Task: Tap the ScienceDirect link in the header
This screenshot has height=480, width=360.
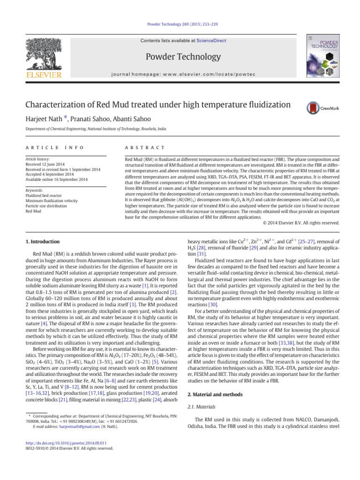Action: pyautogui.click(x=210, y=41)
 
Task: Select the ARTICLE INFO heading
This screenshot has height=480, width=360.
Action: pyautogui.click(x=55, y=148)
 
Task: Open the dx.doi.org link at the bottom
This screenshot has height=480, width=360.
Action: pyautogui.click(x=63, y=443)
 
